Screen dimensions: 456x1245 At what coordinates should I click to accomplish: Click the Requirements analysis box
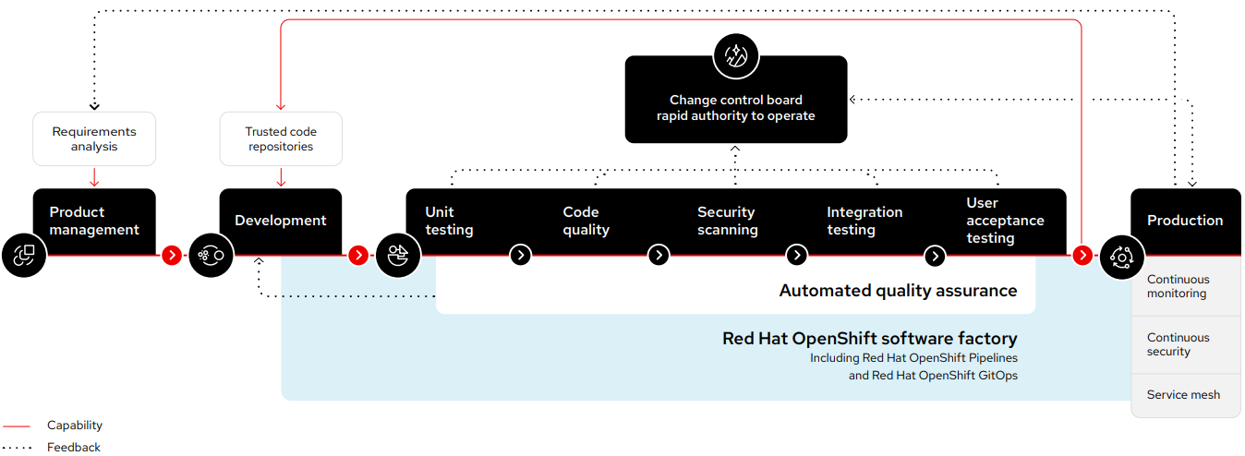[94, 139]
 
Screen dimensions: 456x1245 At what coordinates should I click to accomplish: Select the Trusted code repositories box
[281, 139]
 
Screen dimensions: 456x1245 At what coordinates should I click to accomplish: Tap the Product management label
[94, 221]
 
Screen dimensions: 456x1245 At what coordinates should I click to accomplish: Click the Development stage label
[281, 221]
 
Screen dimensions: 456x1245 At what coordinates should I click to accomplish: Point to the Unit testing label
[449, 221]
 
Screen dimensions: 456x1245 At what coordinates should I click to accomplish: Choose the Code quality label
[586, 221]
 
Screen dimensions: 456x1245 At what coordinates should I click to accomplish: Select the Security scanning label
[728, 221]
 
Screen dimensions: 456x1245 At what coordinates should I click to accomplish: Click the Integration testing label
[864, 221]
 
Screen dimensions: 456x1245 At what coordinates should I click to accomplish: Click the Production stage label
[1185, 221]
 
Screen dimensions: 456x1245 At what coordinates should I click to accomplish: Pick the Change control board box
[736, 108]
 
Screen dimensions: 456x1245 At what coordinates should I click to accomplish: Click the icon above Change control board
[736, 56]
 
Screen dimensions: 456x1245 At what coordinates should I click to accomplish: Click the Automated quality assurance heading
[898, 291]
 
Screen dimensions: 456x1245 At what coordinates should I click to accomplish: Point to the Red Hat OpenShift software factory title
[869, 339]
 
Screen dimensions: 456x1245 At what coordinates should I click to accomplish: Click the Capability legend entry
[75, 426]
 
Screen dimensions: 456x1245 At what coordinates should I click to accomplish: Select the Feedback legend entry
[74, 448]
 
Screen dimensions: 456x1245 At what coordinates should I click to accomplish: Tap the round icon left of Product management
[24, 256]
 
